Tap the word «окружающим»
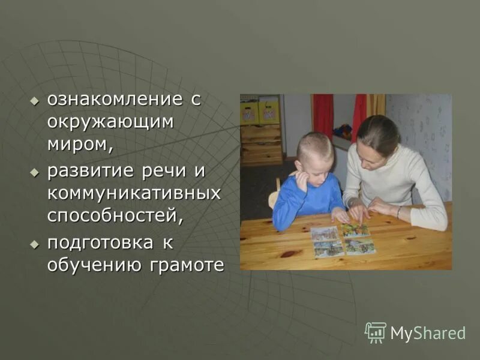click(111, 122)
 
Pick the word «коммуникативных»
click(134, 193)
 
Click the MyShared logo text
click(428, 334)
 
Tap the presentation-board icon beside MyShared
click(376, 332)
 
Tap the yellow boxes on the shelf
click(260, 111)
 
